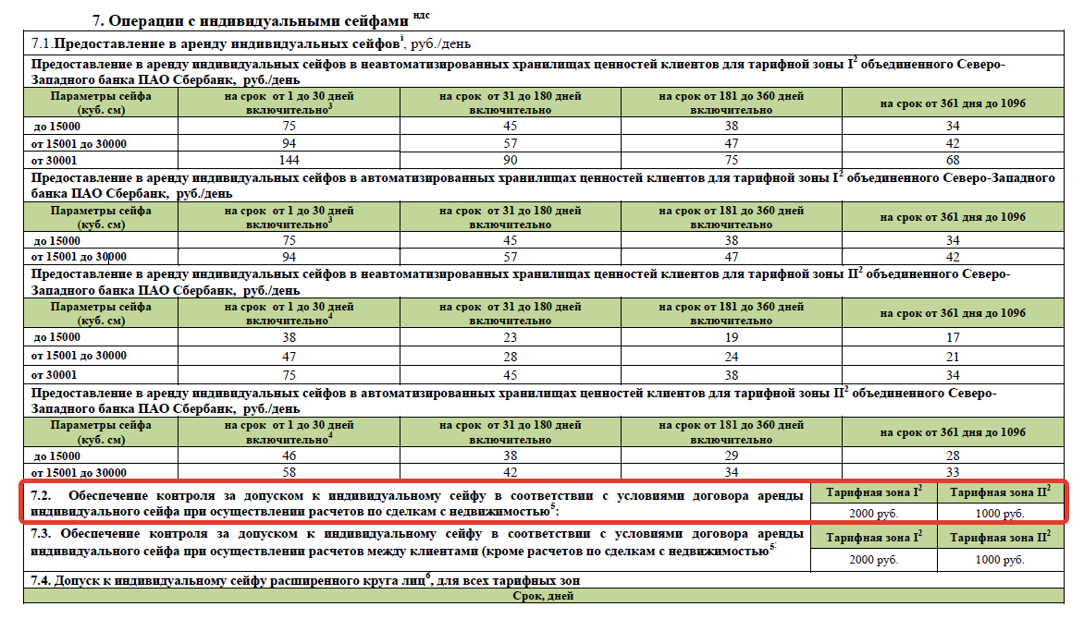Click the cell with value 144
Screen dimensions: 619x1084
coord(289,160)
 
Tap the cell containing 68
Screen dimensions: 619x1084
coord(953,160)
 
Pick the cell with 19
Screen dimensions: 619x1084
coord(731,338)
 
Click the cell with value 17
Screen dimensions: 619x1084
coord(953,338)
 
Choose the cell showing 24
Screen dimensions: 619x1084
coord(731,357)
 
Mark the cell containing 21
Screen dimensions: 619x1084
coord(953,357)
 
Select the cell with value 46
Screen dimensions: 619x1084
coord(289,456)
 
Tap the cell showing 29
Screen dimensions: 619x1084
coord(731,456)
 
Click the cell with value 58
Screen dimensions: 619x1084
coord(289,472)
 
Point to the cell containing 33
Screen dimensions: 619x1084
coord(953,472)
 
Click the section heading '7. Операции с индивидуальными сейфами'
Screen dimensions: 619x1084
coord(251,19)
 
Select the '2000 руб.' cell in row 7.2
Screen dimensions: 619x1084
coord(873,513)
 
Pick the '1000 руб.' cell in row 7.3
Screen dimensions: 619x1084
coord(999,560)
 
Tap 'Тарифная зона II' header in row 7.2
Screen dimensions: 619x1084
coord(999,492)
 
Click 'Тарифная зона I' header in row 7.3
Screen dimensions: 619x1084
coord(873,538)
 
